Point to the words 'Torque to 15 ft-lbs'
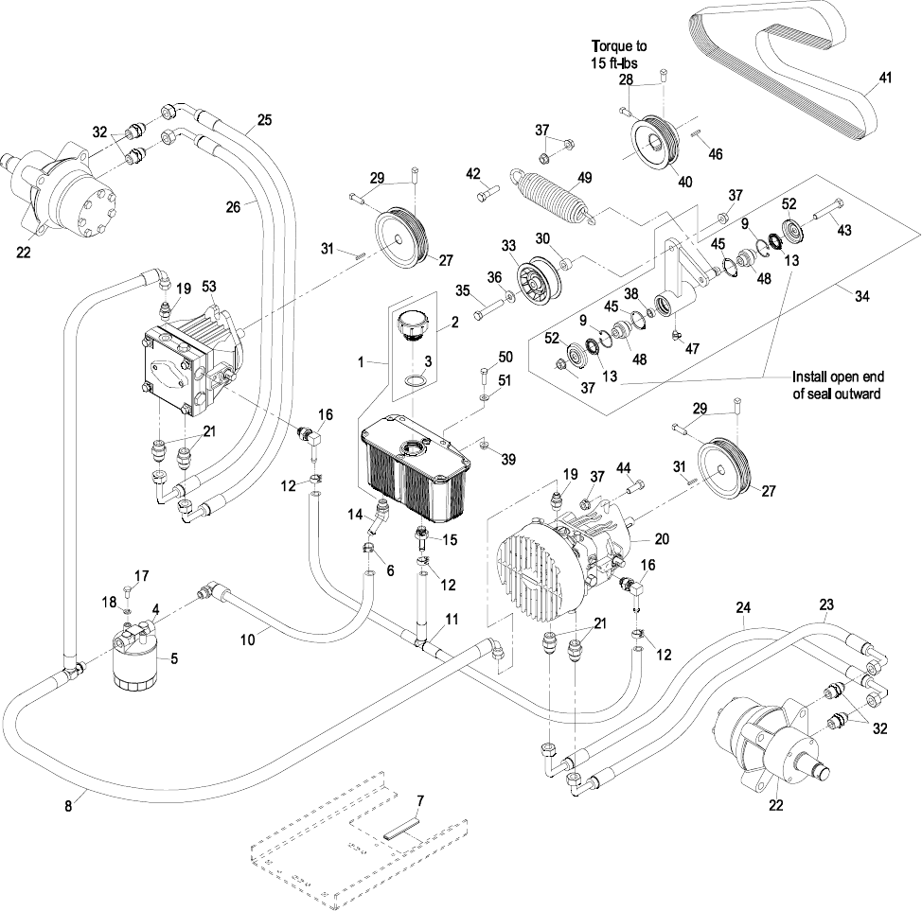pos(620,53)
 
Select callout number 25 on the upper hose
pos(264,120)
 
